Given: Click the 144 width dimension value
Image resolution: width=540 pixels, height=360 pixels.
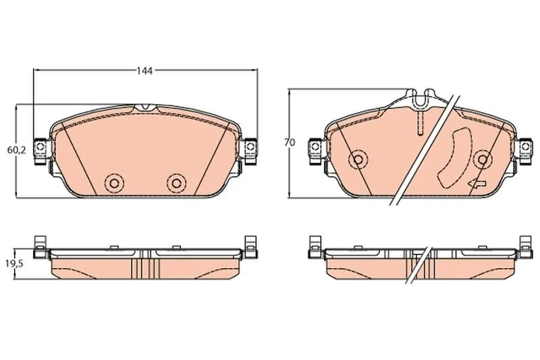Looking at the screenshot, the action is click(144, 71).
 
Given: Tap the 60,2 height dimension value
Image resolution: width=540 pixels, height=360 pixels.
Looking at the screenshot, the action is click(16, 150).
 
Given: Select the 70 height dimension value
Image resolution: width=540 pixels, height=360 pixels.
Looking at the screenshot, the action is click(290, 143).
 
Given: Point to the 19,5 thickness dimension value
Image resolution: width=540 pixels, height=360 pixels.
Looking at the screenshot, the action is click(14, 264).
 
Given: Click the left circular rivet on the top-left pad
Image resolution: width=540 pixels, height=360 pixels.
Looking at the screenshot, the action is click(115, 183).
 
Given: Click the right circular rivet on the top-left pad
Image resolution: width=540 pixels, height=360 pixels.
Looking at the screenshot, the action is click(176, 183).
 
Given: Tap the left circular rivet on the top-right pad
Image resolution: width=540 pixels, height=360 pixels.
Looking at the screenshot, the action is click(358, 159).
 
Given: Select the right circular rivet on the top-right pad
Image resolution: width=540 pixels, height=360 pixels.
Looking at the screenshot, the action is click(483, 159).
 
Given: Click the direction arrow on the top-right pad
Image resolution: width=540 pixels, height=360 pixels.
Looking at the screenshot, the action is click(477, 184).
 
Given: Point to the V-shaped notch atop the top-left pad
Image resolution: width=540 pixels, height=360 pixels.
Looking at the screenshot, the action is click(145, 107).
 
